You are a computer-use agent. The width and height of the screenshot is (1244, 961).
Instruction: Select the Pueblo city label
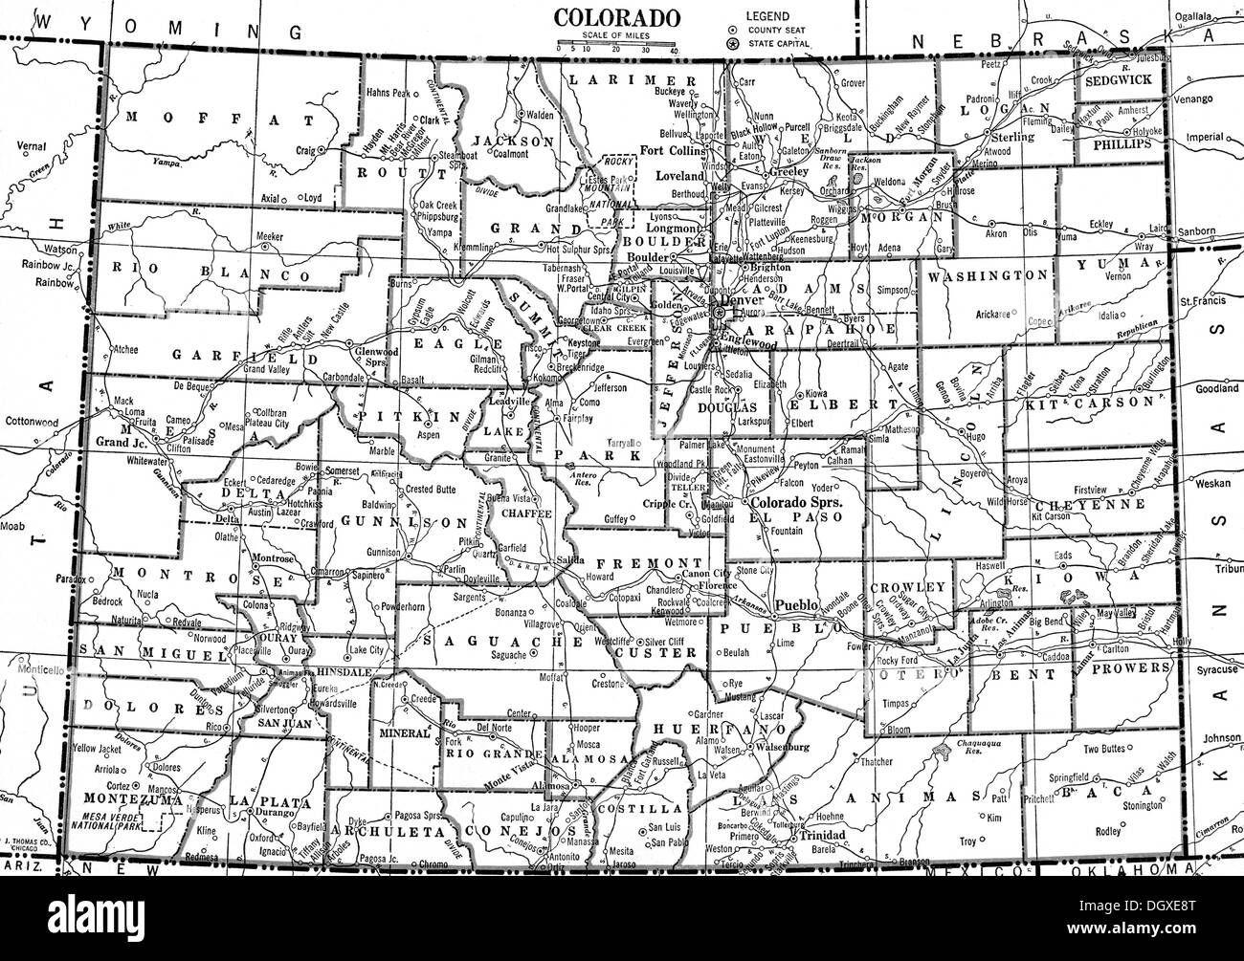coord(794,605)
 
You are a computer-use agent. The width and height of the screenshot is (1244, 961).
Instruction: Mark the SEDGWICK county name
coord(1119,80)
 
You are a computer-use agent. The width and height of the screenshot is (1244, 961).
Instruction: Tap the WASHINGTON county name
coord(987,275)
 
